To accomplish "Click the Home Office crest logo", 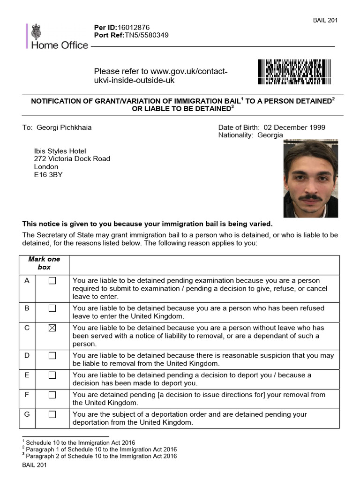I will [x=36, y=32].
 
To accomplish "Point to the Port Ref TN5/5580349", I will [x=146, y=35].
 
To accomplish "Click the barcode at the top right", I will [x=294, y=72].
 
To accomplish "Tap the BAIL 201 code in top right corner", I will [x=325, y=20].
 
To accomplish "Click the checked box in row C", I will [x=52, y=328].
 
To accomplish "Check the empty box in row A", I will [x=52, y=281].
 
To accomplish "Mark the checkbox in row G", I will [x=52, y=414].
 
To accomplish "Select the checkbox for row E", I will [x=52, y=375].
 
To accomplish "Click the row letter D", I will [x=27, y=355].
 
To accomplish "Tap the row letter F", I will [x=27, y=395].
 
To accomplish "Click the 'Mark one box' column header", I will [x=44, y=263].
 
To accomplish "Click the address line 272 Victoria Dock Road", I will [x=72, y=158].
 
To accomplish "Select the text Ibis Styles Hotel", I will [x=60, y=150].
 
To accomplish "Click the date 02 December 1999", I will [x=294, y=127].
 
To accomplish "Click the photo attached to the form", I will [x=310, y=179].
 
